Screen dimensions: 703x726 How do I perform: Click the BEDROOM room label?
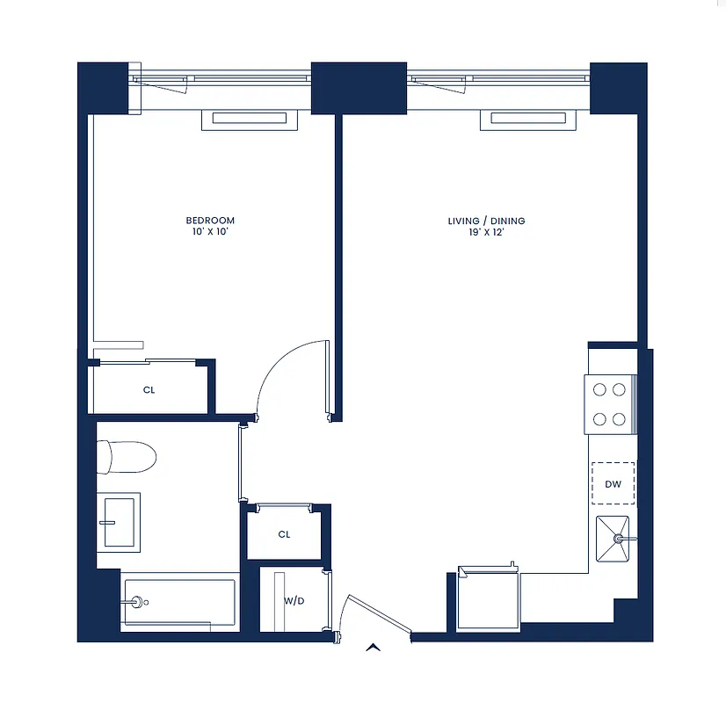tap(210, 220)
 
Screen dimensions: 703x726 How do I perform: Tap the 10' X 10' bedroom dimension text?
tap(210, 232)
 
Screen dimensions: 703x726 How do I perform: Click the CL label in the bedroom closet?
tap(149, 390)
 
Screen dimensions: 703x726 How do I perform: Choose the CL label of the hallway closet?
tap(284, 534)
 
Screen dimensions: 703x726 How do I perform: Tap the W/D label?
tap(294, 601)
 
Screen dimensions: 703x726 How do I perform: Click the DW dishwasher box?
tap(613, 483)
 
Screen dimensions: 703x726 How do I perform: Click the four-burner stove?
tap(608, 403)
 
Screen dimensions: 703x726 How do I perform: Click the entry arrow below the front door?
tap(374, 649)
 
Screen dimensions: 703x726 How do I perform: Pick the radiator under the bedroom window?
tap(245, 120)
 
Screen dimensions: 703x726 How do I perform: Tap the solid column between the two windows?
tap(359, 87)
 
